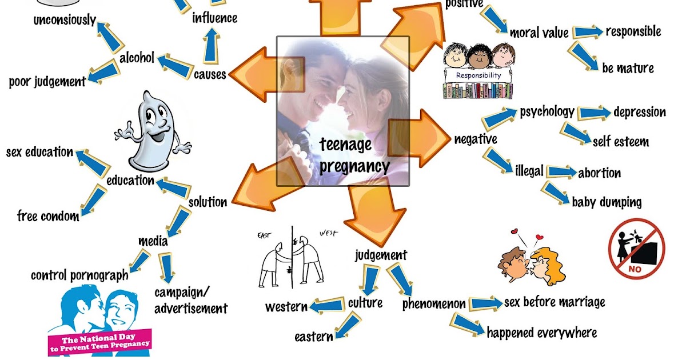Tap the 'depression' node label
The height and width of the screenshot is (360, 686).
[639, 112]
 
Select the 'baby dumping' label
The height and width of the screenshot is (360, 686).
[606, 202]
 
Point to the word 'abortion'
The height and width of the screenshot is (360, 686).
[599, 173]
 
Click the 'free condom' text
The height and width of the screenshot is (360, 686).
[48, 216]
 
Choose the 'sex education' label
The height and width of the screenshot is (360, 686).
[39, 153]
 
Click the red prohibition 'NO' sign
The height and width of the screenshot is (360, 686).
[636, 249]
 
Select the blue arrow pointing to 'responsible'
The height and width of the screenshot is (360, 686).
[587, 32]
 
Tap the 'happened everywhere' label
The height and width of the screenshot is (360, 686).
[541, 333]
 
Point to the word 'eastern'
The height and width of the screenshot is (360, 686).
[313, 337]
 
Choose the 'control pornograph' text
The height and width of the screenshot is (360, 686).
[79, 275]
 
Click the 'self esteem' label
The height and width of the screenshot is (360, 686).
[620, 142]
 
